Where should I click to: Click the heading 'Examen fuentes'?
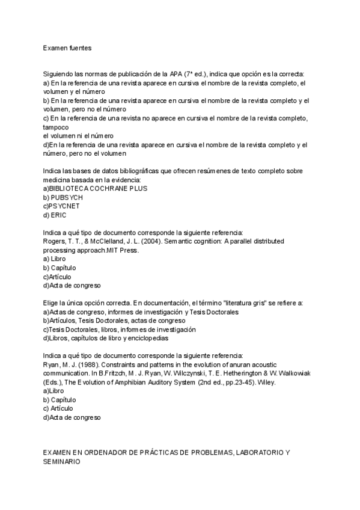pyautogui.click(x=67, y=46)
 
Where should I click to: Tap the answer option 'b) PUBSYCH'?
pyautogui.click(x=63, y=197)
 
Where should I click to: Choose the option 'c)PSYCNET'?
pyautogui.click(x=61, y=206)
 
